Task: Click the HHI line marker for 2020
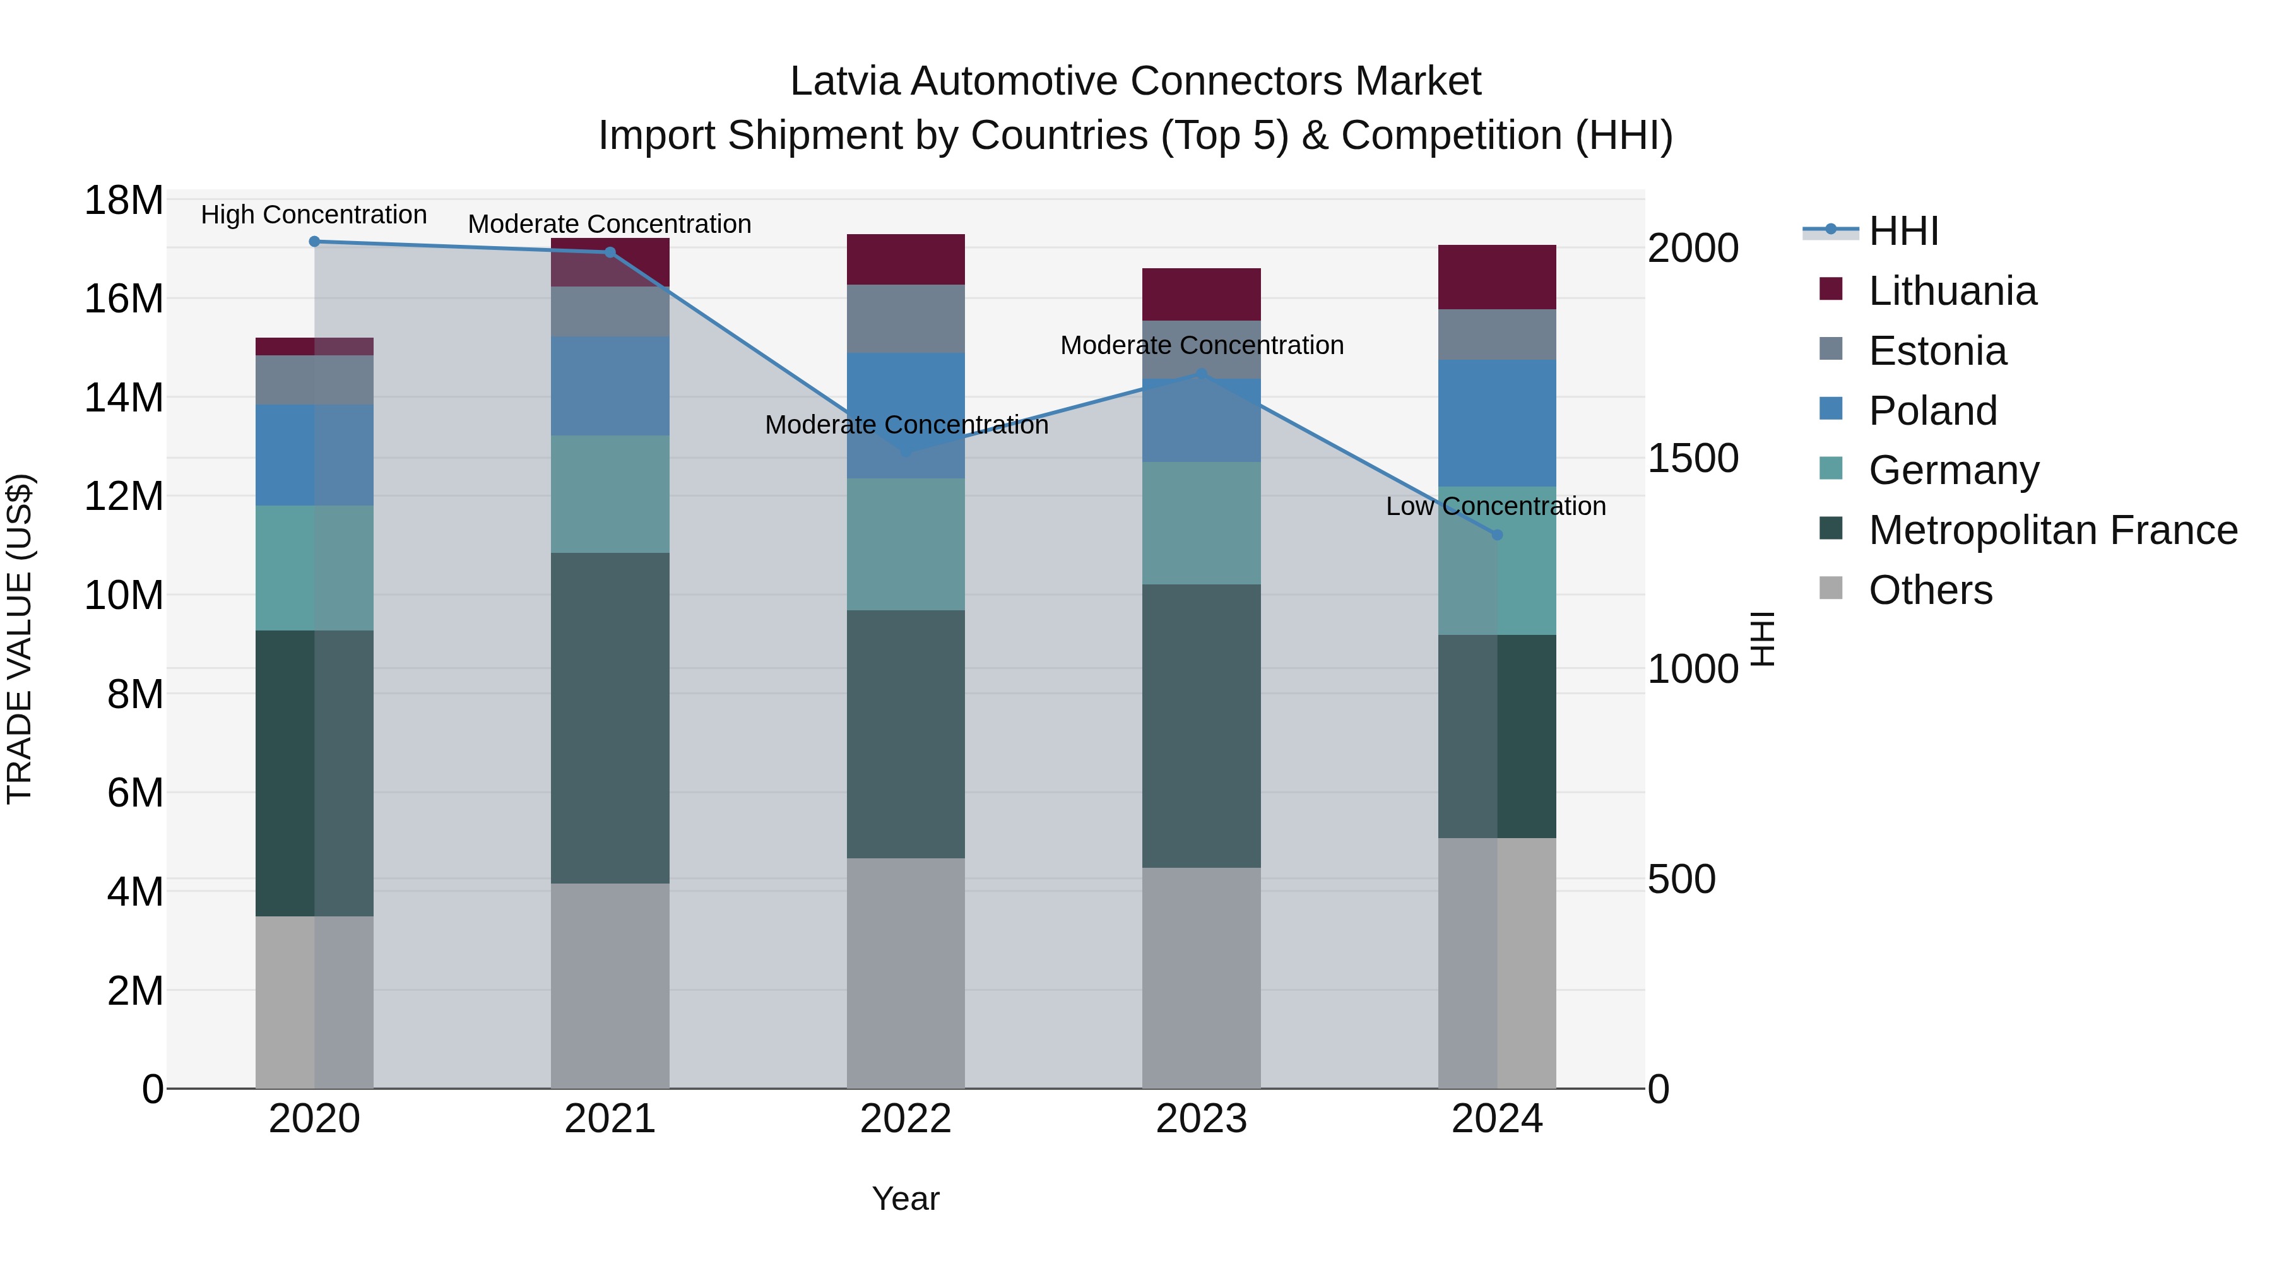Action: click(314, 242)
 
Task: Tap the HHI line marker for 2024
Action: click(1497, 535)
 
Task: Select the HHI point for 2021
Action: click(610, 252)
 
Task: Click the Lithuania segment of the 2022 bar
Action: click(906, 259)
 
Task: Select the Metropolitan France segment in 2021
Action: click(610, 718)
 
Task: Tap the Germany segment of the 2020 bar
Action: click(314, 568)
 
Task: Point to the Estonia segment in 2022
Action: click(906, 319)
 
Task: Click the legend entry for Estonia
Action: click(1937, 351)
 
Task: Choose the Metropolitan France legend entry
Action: click(2052, 530)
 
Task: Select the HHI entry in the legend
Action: click(1903, 231)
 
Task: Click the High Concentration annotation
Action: click(314, 215)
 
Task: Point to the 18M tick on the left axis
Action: click(124, 200)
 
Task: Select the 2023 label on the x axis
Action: click(1201, 1119)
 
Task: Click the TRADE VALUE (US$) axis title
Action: click(20, 639)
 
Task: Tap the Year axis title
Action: click(906, 1198)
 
